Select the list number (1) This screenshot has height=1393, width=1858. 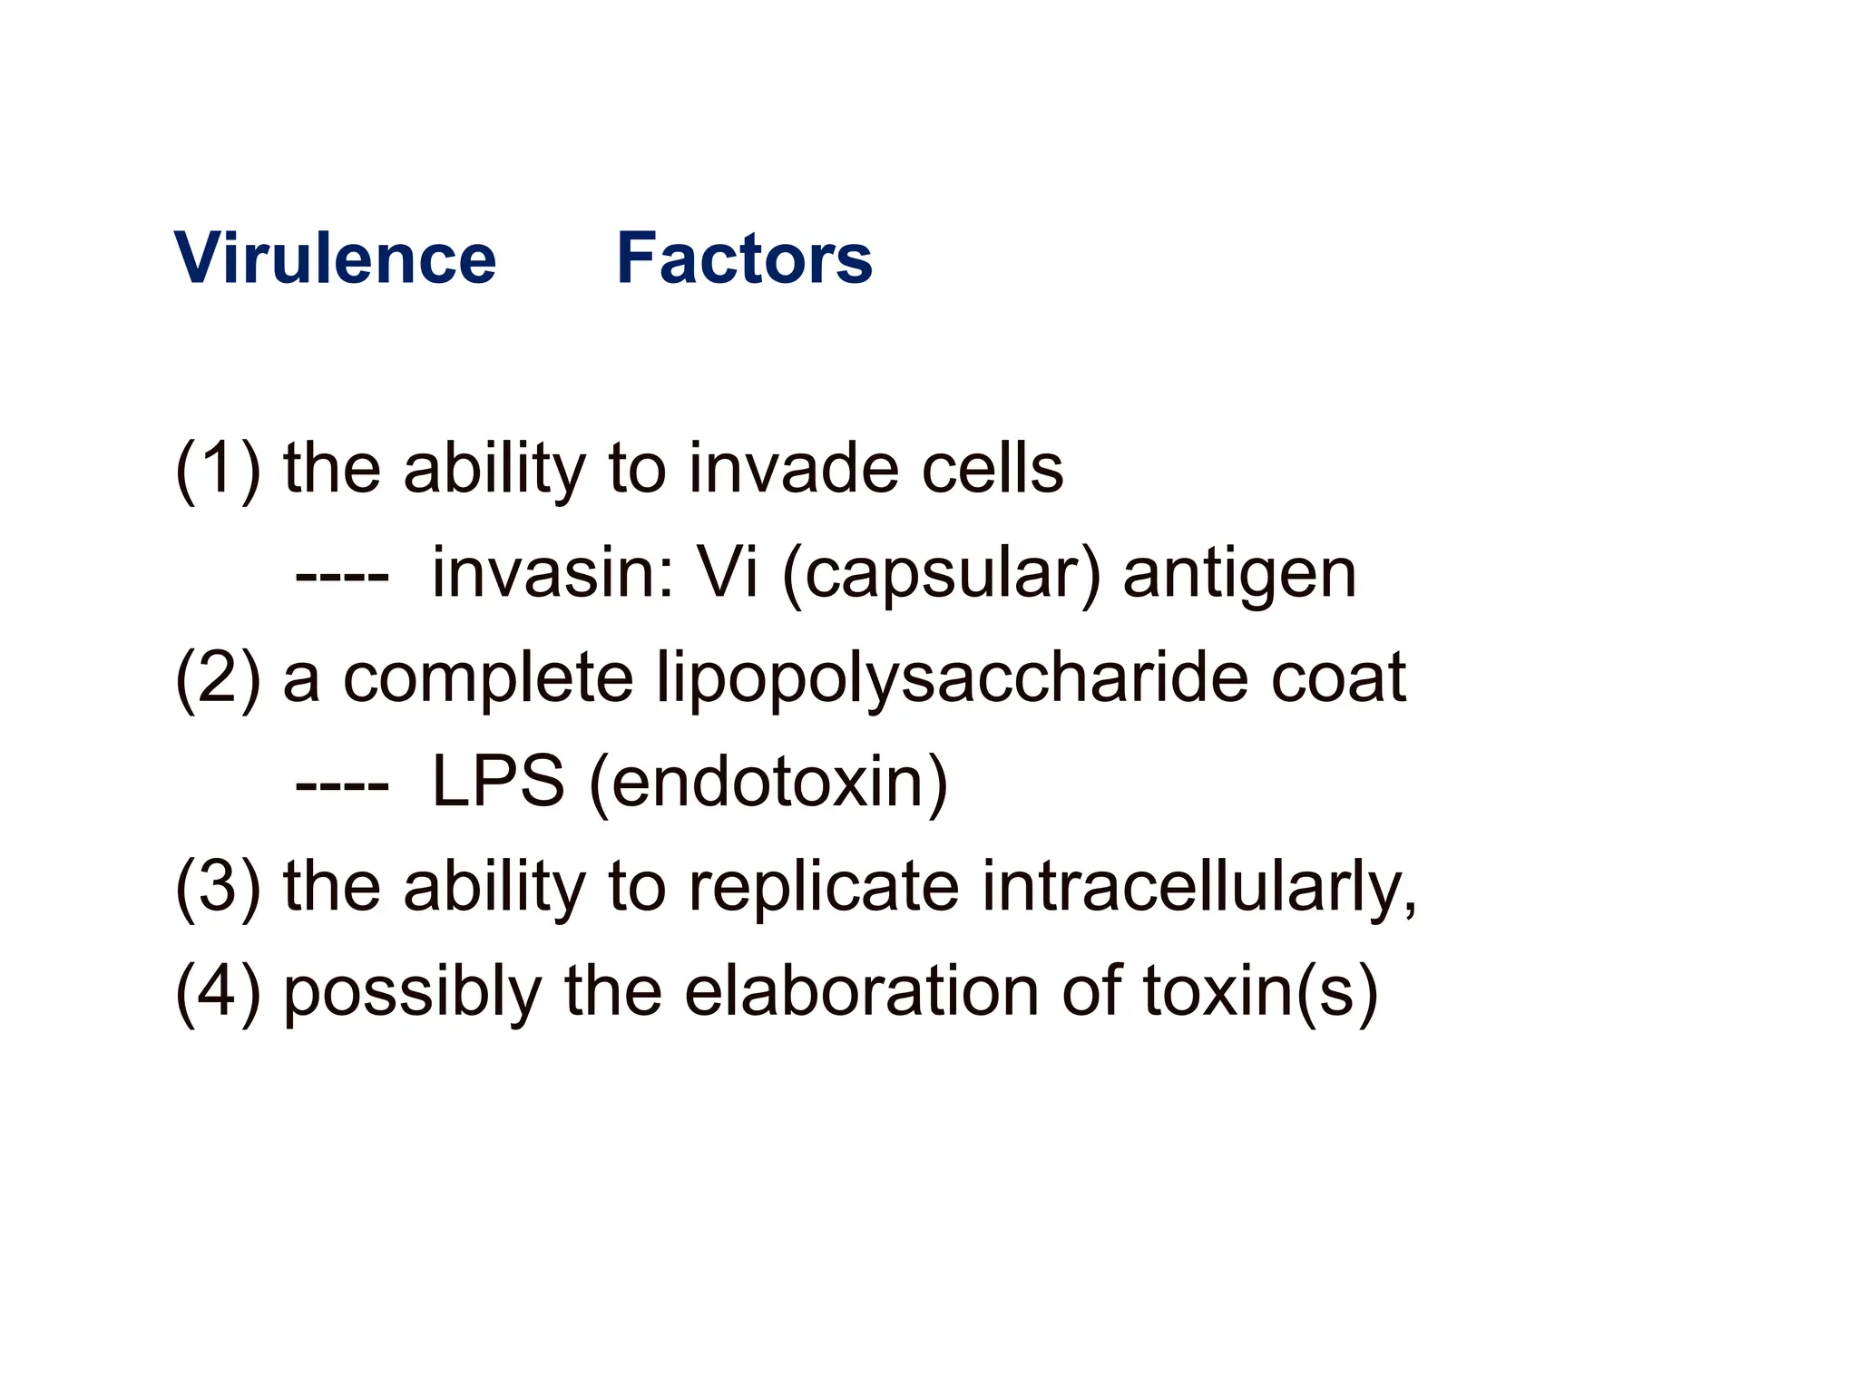click(218, 469)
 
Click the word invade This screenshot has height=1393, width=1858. click(793, 469)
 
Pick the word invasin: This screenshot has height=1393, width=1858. click(553, 573)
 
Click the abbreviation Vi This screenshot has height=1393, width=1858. click(727, 573)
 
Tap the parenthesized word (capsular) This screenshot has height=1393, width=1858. click(941, 575)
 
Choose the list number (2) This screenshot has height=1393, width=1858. click(218, 677)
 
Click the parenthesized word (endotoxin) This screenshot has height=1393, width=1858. click(768, 783)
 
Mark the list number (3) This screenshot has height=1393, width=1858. click(218, 886)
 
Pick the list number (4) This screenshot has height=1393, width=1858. click(218, 990)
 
